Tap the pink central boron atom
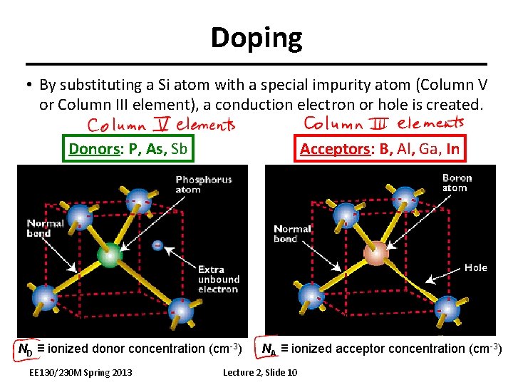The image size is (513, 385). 377,252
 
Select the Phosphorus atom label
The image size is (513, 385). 204,185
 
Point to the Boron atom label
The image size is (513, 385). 457,183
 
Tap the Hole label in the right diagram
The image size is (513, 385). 476,267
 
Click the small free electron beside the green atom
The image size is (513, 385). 157,246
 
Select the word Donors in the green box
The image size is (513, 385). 92,149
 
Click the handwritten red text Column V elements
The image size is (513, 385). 161,125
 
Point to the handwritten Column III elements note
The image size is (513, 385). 383,123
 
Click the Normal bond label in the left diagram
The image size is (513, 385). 45,228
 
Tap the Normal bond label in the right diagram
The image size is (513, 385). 292,234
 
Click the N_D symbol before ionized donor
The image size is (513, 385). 25,349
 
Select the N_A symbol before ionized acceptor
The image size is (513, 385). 269,349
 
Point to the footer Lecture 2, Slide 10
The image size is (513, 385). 260,373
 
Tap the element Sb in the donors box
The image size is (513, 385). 180,149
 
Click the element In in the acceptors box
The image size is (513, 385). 452,149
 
